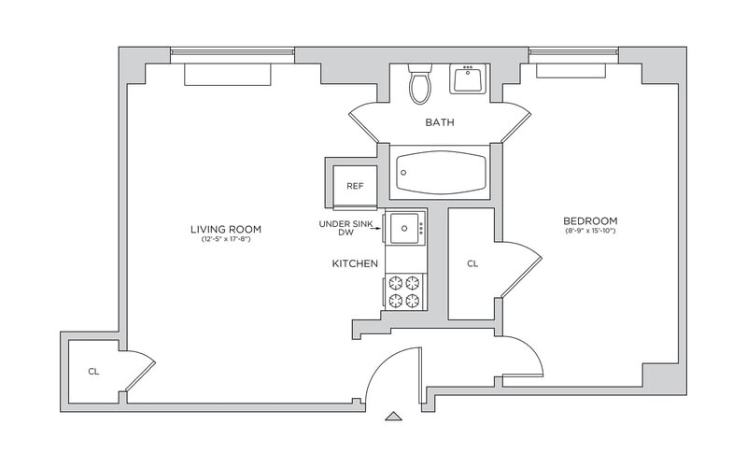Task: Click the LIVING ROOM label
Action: (225, 229)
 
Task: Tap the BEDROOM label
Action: (590, 220)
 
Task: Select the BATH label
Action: (440, 123)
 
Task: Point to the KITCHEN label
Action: (355, 264)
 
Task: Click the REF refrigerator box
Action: (355, 185)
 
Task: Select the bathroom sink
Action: (469, 79)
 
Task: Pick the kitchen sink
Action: (405, 227)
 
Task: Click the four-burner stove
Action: (404, 290)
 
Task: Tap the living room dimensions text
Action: (225, 240)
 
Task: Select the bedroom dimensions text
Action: (590, 231)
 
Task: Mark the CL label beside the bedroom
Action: (472, 264)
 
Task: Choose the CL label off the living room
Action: (93, 372)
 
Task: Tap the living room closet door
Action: (140, 370)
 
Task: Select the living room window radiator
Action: (227, 75)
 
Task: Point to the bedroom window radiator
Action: (574, 70)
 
